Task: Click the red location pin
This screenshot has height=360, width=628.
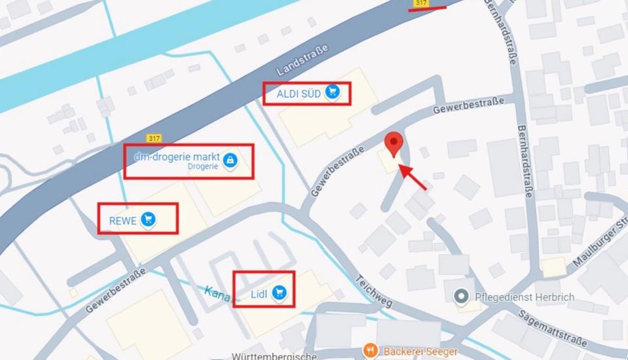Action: (x=393, y=143)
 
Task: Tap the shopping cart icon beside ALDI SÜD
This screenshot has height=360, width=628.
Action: (x=333, y=93)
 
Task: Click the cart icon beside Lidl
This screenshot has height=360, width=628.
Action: (x=280, y=293)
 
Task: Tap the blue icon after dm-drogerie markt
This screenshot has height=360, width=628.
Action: (x=229, y=159)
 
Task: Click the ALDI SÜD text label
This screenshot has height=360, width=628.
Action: (x=298, y=94)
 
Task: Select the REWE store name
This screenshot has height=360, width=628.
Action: (x=124, y=221)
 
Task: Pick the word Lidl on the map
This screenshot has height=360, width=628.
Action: (x=260, y=293)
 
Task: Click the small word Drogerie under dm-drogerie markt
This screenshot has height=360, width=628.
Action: (x=203, y=167)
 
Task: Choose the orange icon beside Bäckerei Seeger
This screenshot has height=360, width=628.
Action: (x=370, y=351)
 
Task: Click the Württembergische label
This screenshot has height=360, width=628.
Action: (x=274, y=356)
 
